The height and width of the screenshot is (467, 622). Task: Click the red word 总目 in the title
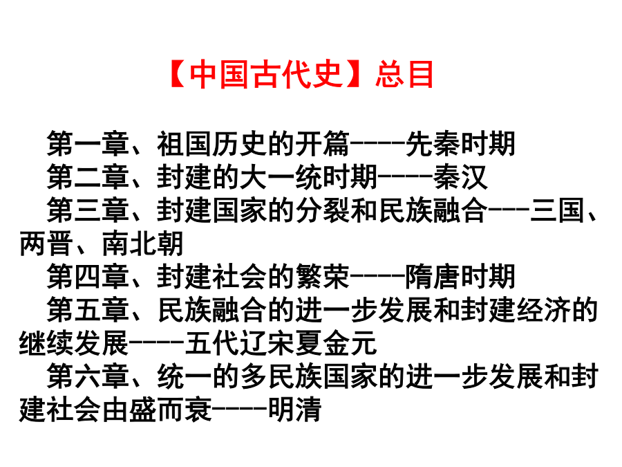[x=404, y=74]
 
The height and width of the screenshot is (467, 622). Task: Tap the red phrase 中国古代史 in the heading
[x=266, y=74]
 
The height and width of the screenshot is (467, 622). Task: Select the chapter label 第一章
[x=88, y=144]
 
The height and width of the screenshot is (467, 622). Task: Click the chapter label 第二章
[x=88, y=177]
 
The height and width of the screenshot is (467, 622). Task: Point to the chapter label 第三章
[x=88, y=210]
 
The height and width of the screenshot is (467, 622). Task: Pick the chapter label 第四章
[x=88, y=277]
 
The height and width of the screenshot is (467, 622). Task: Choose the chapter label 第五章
[x=88, y=310]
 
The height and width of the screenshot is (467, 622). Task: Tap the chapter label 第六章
[x=88, y=376]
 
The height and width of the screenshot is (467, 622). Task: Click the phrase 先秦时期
[x=460, y=144]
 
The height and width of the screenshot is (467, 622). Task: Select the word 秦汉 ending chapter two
[x=460, y=177]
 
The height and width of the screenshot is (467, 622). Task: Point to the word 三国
[x=557, y=210]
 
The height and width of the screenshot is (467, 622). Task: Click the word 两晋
[x=46, y=244]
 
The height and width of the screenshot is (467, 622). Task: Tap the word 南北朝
[x=143, y=244]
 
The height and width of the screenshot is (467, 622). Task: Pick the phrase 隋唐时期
[x=460, y=277]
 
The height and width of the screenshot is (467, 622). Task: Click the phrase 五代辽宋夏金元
[x=281, y=343]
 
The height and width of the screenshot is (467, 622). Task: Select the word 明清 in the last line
[x=294, y=410]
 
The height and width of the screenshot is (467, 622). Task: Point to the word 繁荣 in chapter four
[x=322, y=277]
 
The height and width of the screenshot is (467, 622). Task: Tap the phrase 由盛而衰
[x=157, y=410]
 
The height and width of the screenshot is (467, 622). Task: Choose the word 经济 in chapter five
[x=543, y=310]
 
